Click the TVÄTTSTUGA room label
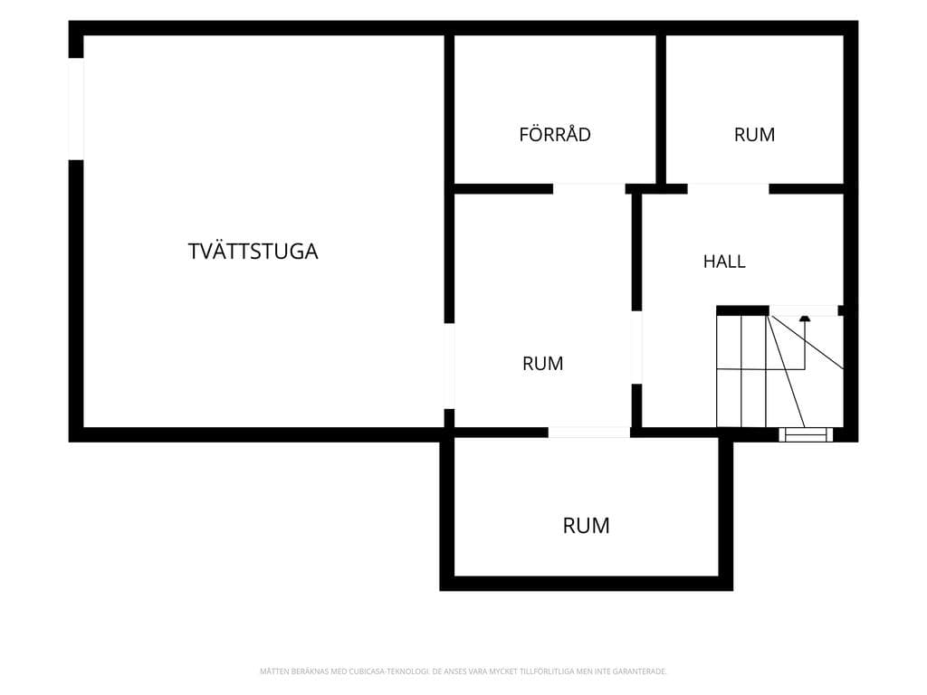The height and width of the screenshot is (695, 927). (x=253, y=252)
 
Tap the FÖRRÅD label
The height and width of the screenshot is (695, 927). (x=555, y=134)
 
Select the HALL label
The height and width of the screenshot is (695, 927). (x=724, y=262)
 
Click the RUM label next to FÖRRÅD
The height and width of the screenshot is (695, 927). (x=754, y=135)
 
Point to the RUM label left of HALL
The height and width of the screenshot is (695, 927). (x=543, y=364)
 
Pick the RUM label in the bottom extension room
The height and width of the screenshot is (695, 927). (x=586, y=526)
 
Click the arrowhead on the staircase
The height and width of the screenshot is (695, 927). (x=804, y=319)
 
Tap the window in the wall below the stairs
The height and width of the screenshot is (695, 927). (x=805, y=435)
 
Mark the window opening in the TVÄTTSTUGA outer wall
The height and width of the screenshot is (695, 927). (x=76, y=109)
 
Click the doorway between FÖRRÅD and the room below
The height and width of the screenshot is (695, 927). (x=588, y=189)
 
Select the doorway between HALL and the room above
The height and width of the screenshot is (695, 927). (x=729, y=189)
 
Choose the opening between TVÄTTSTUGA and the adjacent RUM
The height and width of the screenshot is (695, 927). (x=449, y=366)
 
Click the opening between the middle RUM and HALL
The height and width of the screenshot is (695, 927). (x=636, y=347)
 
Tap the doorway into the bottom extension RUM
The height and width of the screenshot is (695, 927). (x=588, y=433)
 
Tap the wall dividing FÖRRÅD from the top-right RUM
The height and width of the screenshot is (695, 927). (x=661, y=109)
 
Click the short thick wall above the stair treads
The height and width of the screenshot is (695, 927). (x=742, y=310)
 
